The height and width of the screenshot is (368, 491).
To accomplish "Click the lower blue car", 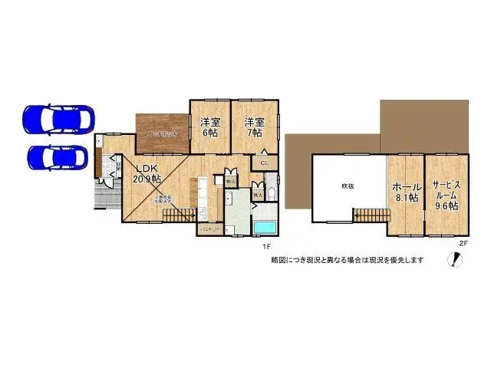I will (x=58, y=156).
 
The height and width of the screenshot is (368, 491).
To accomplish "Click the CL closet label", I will (x=264, y=163).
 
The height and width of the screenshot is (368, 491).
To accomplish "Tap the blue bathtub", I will (x=265, y=228).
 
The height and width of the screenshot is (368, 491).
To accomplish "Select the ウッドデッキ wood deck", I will (x=163, y=133).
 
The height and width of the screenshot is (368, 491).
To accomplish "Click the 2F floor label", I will (x=463, y=243).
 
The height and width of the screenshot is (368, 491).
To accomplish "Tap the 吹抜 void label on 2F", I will (x=348, y=186).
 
